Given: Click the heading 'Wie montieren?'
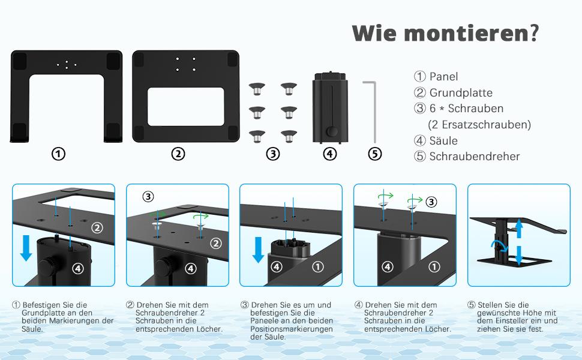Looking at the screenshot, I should pos(445,33).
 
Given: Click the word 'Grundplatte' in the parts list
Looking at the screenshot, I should pos(461,93).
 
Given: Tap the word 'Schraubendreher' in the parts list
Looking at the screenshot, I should pos(475,157).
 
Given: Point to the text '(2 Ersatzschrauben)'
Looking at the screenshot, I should pos(479,125).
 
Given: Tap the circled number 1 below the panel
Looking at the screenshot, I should pos(58,154).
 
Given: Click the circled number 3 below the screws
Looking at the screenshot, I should pos(273,154).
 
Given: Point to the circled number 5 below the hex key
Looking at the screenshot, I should pos(375,154).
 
